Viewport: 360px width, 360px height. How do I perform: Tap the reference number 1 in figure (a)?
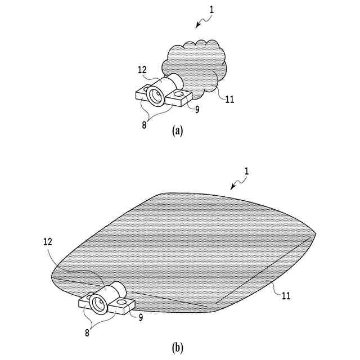click(211, 10)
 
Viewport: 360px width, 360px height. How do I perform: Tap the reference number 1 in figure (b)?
click(246, 170)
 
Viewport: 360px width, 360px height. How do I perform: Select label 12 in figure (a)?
click(142, 70)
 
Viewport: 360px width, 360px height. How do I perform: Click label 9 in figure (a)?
click(197, 109)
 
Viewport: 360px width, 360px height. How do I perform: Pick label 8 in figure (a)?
click(144, 125)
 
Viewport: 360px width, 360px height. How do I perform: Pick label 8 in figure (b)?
click(88, 332)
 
